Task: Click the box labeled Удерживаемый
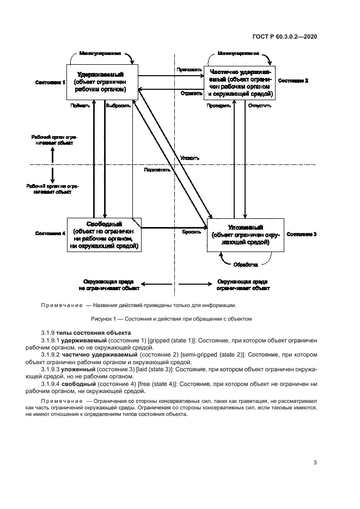coord(102,82)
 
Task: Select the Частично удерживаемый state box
coord(239,83)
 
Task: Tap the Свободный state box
coord(104,234)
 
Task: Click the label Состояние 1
coord(50,82)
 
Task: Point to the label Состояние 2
coord(293,81)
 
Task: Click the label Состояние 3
coord(301,234)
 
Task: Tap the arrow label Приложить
coord(185,70)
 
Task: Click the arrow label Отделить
coord(187,93)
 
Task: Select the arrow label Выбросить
coord(118,106)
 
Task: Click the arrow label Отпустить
coord(259,106)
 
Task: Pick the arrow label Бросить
coord(189,231)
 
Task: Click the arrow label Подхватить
coord(157,169)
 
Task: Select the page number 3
coord(315,463)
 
